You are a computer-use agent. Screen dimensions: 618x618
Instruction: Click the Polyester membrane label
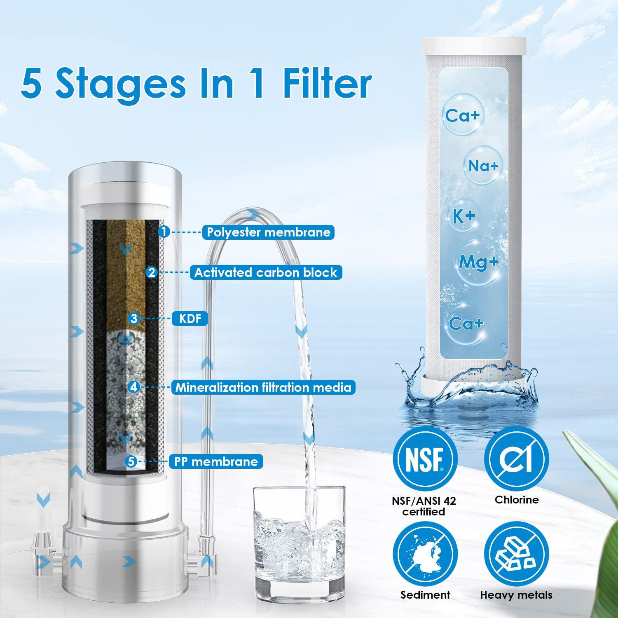pos(268,232)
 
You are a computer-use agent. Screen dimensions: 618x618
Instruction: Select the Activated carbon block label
pos(266,273)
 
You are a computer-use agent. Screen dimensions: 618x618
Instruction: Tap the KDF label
pos(190,318)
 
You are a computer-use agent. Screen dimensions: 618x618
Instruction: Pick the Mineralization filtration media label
pos(263,388)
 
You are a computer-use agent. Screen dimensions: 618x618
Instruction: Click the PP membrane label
pos(216,461)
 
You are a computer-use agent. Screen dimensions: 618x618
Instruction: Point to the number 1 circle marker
pos(164,232)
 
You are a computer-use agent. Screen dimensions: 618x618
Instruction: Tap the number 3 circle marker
pos(134,318)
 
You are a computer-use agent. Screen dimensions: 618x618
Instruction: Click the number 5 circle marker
pos(131,461)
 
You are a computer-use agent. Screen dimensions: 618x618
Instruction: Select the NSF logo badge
pos(425,459)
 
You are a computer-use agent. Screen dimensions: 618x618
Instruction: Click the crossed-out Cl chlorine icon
pos(516,459)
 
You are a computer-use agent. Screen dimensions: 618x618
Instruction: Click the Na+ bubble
pos(483,166)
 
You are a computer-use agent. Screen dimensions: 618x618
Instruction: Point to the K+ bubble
pos(464,216)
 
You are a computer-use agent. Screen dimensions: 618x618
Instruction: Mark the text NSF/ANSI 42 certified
pos(424,506)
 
